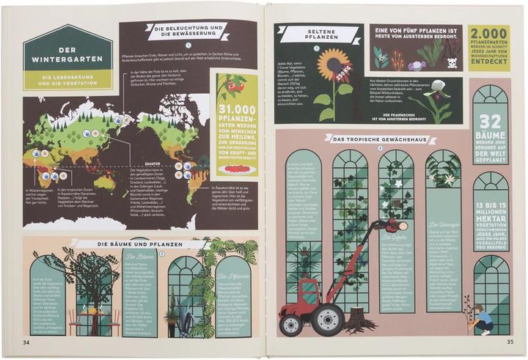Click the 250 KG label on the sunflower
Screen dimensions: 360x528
(342, 74)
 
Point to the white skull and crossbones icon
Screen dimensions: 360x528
(452, 64)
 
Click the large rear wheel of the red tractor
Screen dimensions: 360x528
(326, 317)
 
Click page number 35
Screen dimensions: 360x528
(509, 341)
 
